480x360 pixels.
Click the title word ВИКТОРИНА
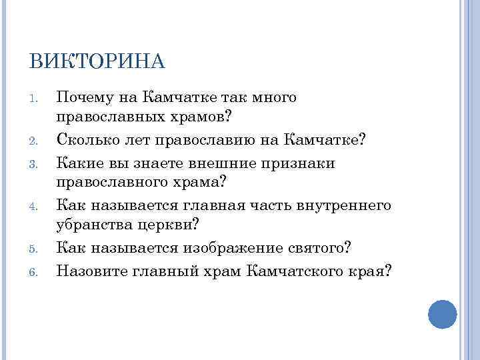[97, 61]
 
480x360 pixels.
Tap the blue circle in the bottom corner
[442, 313]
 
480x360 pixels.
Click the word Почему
[85, 98]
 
